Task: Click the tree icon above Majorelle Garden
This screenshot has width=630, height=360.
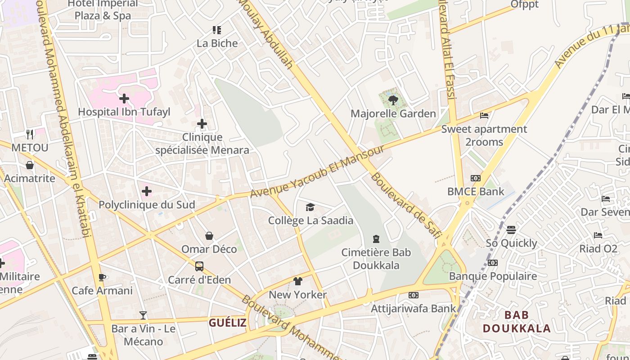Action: click(x=393, y=100)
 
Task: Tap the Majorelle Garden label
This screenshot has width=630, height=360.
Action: click(x=393, y=114)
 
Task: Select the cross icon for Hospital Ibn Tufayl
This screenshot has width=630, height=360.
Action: click(x=124, y=98)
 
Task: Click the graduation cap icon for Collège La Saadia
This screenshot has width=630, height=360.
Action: click(x=310, y=207)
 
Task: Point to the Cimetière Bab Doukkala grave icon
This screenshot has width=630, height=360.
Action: click(x=376, y=239)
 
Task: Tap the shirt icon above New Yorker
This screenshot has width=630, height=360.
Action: click(x=297, y=281)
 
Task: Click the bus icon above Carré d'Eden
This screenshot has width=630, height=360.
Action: click(x=199, y=266)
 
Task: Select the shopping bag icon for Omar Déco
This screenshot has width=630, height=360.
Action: click(x=209, y=236)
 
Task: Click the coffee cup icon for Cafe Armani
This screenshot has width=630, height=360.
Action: click(x=102, y=277)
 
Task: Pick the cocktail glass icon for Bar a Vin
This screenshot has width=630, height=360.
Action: click(x=143, y=315)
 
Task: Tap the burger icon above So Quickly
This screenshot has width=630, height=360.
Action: click(x=511, y=230)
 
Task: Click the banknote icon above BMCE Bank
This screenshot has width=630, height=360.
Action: click(x=475, y=178)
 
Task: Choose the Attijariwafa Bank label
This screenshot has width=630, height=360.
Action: click(x=413, y=309)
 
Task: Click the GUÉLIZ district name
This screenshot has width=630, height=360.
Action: click(x=227, y=323)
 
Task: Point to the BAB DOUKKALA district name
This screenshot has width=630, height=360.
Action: click(x=517, y=321)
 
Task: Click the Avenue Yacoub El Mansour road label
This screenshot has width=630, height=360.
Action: click(x=317, y=171)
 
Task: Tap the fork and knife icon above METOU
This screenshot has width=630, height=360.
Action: click(x=30, y=134)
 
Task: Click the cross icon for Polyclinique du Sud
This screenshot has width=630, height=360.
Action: click(x=146, y=192)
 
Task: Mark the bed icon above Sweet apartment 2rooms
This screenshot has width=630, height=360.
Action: click(x=484, y=116)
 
